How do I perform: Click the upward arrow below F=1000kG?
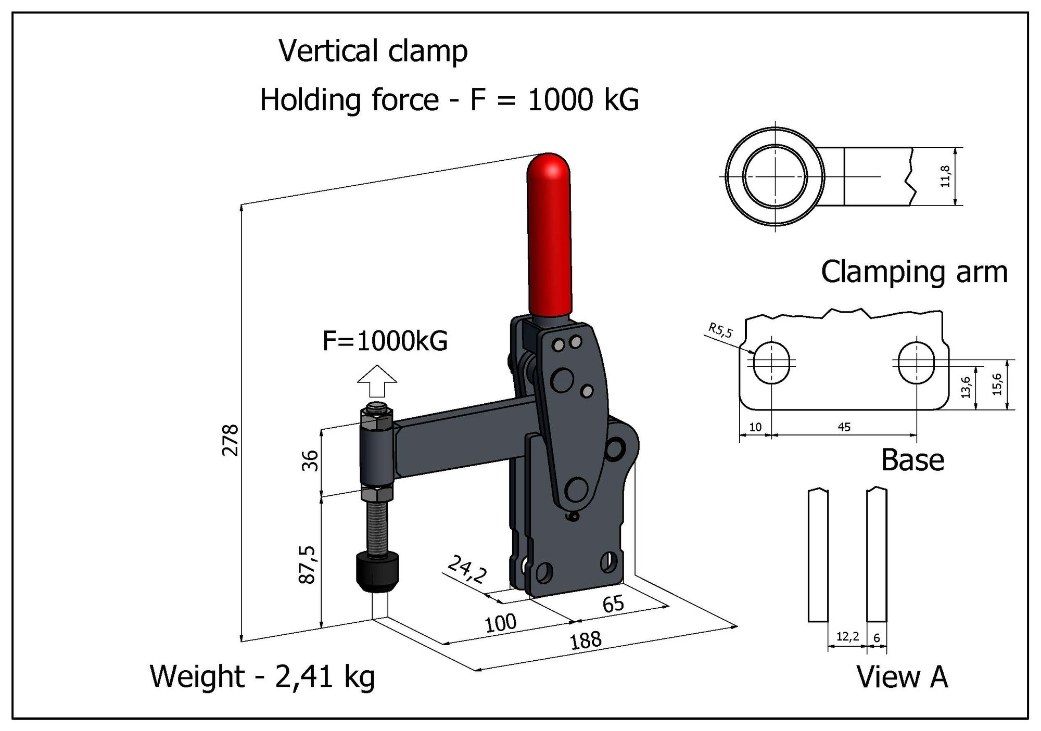pyautogui.click(x=377, y=380)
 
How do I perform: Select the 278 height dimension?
pyautogui.click(x=230, y=440)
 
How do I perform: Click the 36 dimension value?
pyautogui.click(x=310, y=460)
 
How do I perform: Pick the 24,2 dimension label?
pyautogui.click(x=467, y=569)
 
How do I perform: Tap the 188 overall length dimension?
pyautogui.click(x=586, y=640)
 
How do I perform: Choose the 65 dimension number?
pyautogui.click(x=613, y=604)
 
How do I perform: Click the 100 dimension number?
pyautogui.click(x=500, y=623)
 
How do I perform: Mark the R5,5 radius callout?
pyautogui.click(x=720, y=330)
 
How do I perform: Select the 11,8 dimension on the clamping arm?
pyautogui.click(x=945, y=176)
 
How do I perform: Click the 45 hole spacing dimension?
pyautogui.click(x=844, y=427)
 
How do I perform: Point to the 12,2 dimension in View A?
pyautogui.click(x=847, y=636)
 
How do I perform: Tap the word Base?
pyautogui.click(x=912, y=460)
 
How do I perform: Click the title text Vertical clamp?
pyautogui.click(x=373, y=52)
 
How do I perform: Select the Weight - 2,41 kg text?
pyautogui.click(x=262, y=676)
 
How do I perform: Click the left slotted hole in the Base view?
pyautogui.click(x=771, y=363)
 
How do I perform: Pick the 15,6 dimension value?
pyautogui.click(x=996, y=384)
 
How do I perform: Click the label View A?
pyautogui.click(x=902, y=677)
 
